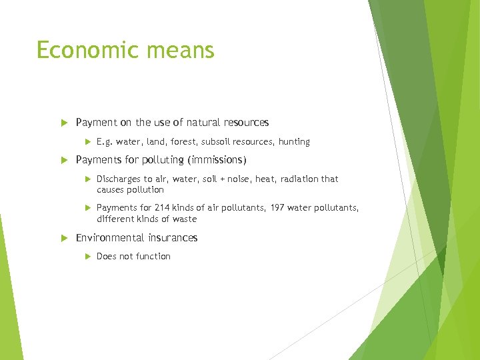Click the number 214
point(163,208)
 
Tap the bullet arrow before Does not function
point(87,257)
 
